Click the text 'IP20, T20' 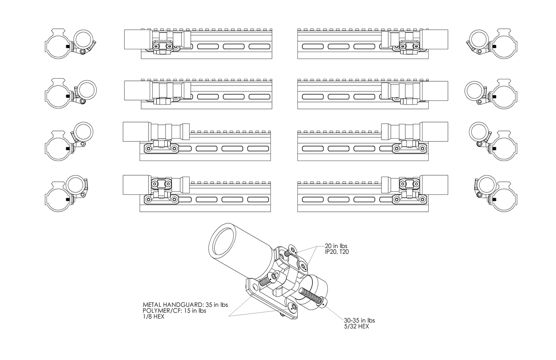[337, 252]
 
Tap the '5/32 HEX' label [356, 327]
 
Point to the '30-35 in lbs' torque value [359, 320]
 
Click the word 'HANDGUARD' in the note [181, 305]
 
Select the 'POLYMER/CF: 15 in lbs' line [174, 311]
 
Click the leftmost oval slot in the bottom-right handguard [312, 200]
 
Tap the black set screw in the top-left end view [68, 46]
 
